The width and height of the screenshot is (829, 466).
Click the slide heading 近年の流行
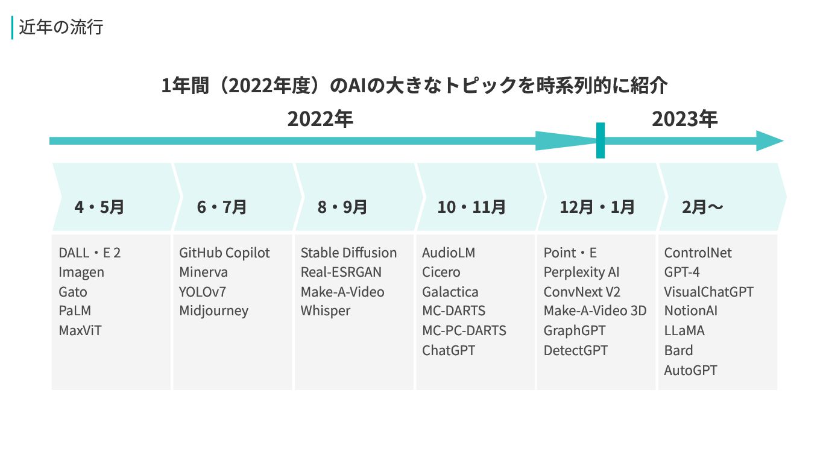click(61, 28)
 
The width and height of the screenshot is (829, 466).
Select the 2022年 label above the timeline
click(320, 119)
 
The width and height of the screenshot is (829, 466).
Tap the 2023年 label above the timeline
click(684, 119)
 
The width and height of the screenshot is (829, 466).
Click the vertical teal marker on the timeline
click(600, 140)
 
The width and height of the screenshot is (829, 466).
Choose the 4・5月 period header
click(99, 207)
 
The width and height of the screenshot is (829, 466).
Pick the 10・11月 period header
click(471, 207)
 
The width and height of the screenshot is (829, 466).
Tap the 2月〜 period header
click(702, 207)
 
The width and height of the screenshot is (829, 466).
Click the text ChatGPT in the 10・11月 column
click(448, 350)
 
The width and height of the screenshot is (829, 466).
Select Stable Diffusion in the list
click(348, 253)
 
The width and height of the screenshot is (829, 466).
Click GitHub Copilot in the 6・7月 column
click(224, 253)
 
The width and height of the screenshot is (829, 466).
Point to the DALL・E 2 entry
click(89, 253)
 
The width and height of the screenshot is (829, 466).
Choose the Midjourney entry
click(213, 311)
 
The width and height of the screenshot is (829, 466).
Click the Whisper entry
click(325, 311)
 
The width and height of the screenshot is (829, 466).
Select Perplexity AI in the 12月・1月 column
click(581, 272)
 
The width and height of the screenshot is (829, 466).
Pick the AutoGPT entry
click(690, 370)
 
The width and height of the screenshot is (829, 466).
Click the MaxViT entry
click(80, 330)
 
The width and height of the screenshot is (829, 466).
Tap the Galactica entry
click(450, 292)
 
